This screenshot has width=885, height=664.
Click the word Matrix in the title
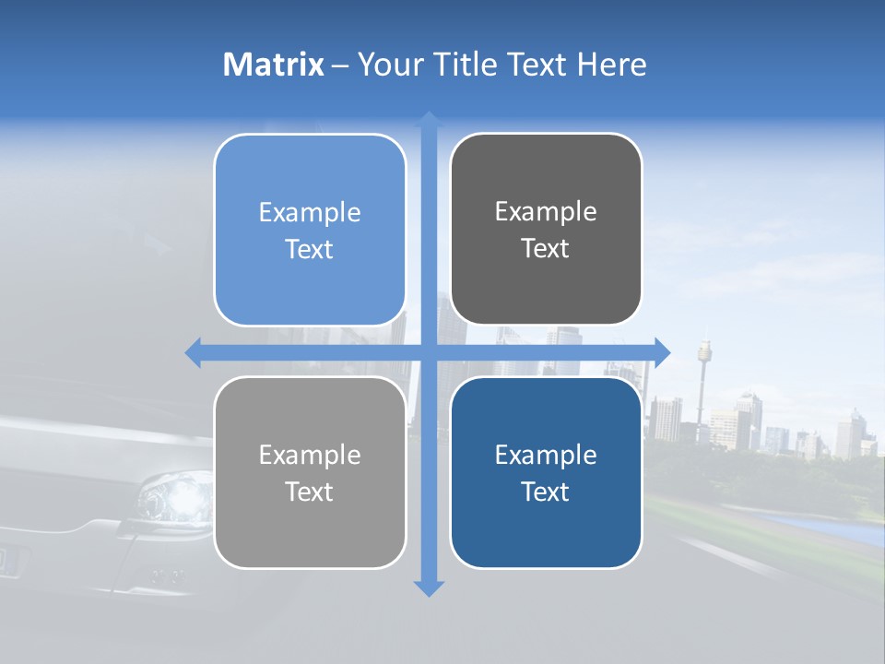[274, 65]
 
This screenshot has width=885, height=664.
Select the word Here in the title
[612, 65]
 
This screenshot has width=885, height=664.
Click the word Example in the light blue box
[310, 212]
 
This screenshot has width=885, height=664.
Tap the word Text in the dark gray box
[546, 249]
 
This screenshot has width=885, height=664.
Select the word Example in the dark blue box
[546, 455]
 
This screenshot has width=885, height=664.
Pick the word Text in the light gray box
[310, 492]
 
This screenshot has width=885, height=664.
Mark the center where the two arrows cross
[429, 352]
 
